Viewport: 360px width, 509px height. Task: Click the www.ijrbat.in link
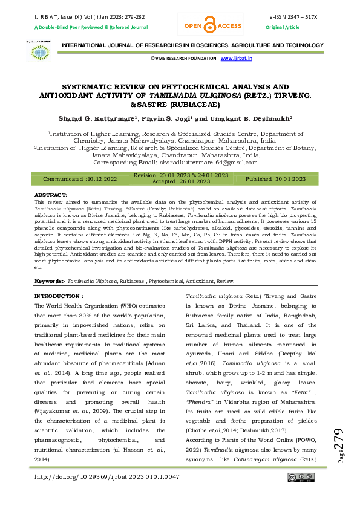(237, 59)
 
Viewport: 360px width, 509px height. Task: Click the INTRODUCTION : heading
(59, 296)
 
